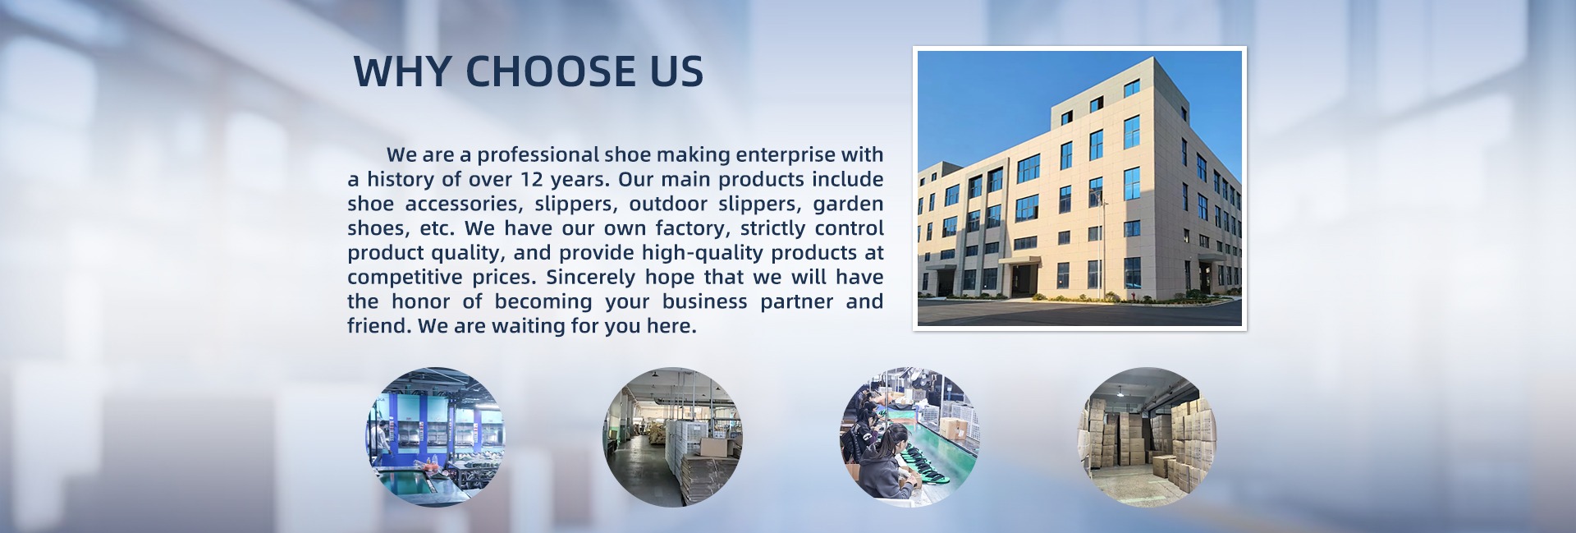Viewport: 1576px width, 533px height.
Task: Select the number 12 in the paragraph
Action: click(533, 179)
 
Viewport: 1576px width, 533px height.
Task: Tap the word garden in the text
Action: click(849, 204)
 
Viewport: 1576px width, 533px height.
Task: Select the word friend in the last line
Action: click(378, 325)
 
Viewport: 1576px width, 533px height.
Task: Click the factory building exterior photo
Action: click(1079, 188)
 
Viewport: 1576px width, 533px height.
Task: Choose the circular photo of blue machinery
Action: click(435, 437)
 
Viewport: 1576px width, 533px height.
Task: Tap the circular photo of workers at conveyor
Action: click(909, 437)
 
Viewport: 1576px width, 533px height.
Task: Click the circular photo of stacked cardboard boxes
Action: click(1147, 437)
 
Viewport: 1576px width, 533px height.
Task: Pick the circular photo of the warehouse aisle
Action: click(673, 437)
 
